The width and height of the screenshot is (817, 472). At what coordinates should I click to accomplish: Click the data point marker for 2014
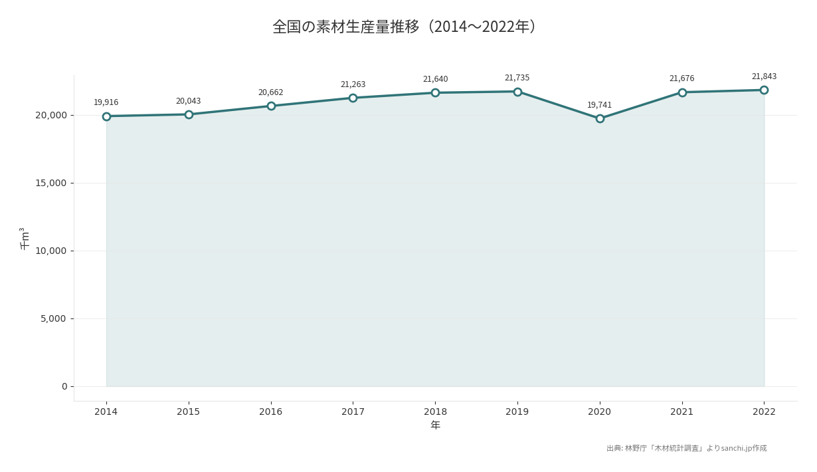(x=106, y=116)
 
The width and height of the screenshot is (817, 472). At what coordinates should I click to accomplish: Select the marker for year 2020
(x=600, y=118)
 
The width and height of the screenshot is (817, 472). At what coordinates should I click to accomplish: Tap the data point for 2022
(x=764, y=90)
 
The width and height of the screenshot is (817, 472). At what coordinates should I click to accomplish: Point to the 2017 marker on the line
(x=353, y=98)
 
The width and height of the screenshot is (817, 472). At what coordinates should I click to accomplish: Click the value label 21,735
(x=517, y=78)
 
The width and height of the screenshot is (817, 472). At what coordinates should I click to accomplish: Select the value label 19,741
(x=599, y=105)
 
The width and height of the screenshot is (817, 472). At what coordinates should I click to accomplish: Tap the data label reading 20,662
(x=270, y=92)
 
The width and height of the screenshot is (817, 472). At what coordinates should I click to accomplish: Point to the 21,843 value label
(x=764, y=76)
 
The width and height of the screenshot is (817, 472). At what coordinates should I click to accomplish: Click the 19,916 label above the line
(x=106, y=102)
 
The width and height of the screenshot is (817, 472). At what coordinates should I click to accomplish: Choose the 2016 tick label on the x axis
(x=270, y=412)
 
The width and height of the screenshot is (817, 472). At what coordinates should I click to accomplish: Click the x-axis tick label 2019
(x=517, y=412)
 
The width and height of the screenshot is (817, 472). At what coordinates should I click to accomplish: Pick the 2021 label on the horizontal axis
(x=681, y=412)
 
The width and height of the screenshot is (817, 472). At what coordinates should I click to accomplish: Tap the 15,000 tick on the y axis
(x=50, y=183)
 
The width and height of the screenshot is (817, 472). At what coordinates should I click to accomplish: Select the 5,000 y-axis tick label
(x=53, y=318)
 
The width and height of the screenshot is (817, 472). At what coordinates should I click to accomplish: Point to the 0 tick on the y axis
(x=64, y=386)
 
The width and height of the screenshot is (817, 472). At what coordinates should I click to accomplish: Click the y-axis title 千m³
(x=25, y=238)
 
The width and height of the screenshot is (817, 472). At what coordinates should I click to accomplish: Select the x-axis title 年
(x=435, y=425)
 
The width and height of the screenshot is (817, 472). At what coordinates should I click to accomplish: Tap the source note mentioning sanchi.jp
(x=686, y=449)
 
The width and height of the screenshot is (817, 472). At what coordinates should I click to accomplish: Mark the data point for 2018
(x=435, y=92)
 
